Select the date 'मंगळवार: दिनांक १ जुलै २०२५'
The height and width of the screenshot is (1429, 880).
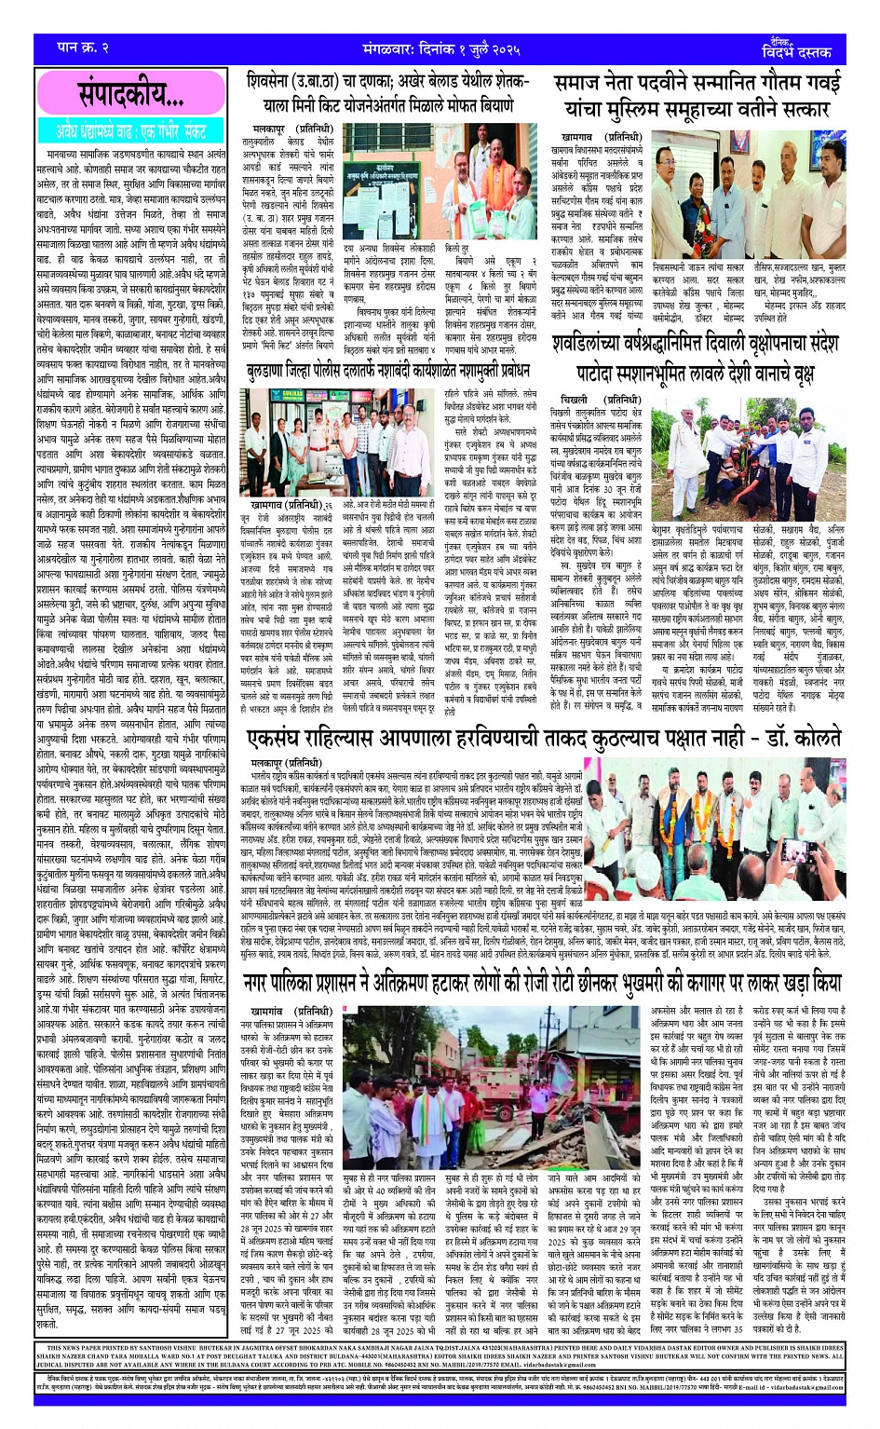coord(440,48)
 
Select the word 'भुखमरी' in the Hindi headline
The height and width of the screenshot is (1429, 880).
coord(652,984)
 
